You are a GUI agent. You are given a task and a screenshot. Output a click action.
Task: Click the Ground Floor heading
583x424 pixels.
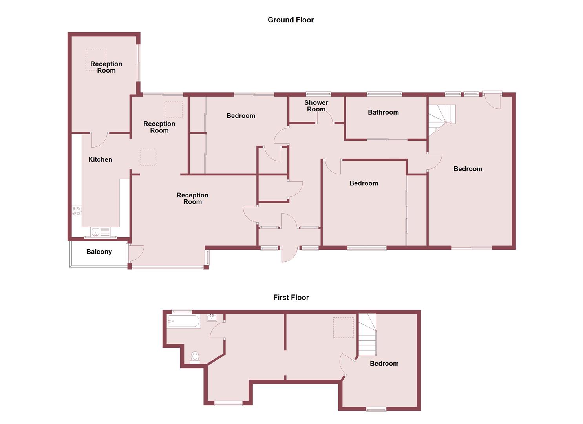[x=291, y=20]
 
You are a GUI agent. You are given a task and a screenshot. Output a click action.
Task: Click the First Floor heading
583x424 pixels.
[x=291, y=298]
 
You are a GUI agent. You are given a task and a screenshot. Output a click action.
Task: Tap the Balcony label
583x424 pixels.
[x=99, y=252]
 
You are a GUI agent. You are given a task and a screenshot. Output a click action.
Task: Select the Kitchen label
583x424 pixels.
[x=100, y=159]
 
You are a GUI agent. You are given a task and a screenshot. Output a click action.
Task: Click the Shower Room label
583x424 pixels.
[x=316, y=106]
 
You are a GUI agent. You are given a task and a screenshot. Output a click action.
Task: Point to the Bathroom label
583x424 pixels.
[x=383, y=112]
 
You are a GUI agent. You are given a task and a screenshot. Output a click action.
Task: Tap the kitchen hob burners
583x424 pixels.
[x=77, y=211]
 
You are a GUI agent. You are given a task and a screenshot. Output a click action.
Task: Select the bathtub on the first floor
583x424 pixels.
[x=184, y=321]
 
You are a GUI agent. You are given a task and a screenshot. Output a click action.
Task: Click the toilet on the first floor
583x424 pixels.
[x=195, y=357]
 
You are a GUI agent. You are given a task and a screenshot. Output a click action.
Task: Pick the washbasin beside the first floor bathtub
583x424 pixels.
[x=212, y=317]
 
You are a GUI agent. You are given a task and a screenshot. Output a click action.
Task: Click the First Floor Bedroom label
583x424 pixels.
[x=384, y=364]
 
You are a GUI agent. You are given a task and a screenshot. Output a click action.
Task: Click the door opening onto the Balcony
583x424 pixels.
[x=135, y=253]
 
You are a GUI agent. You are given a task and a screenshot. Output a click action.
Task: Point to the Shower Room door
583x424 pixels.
[x=325, y=117]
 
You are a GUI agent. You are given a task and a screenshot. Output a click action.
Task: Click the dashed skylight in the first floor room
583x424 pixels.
[x=343, y=327]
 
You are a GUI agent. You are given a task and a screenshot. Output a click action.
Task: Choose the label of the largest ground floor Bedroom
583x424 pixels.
[x=468, y=169]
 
